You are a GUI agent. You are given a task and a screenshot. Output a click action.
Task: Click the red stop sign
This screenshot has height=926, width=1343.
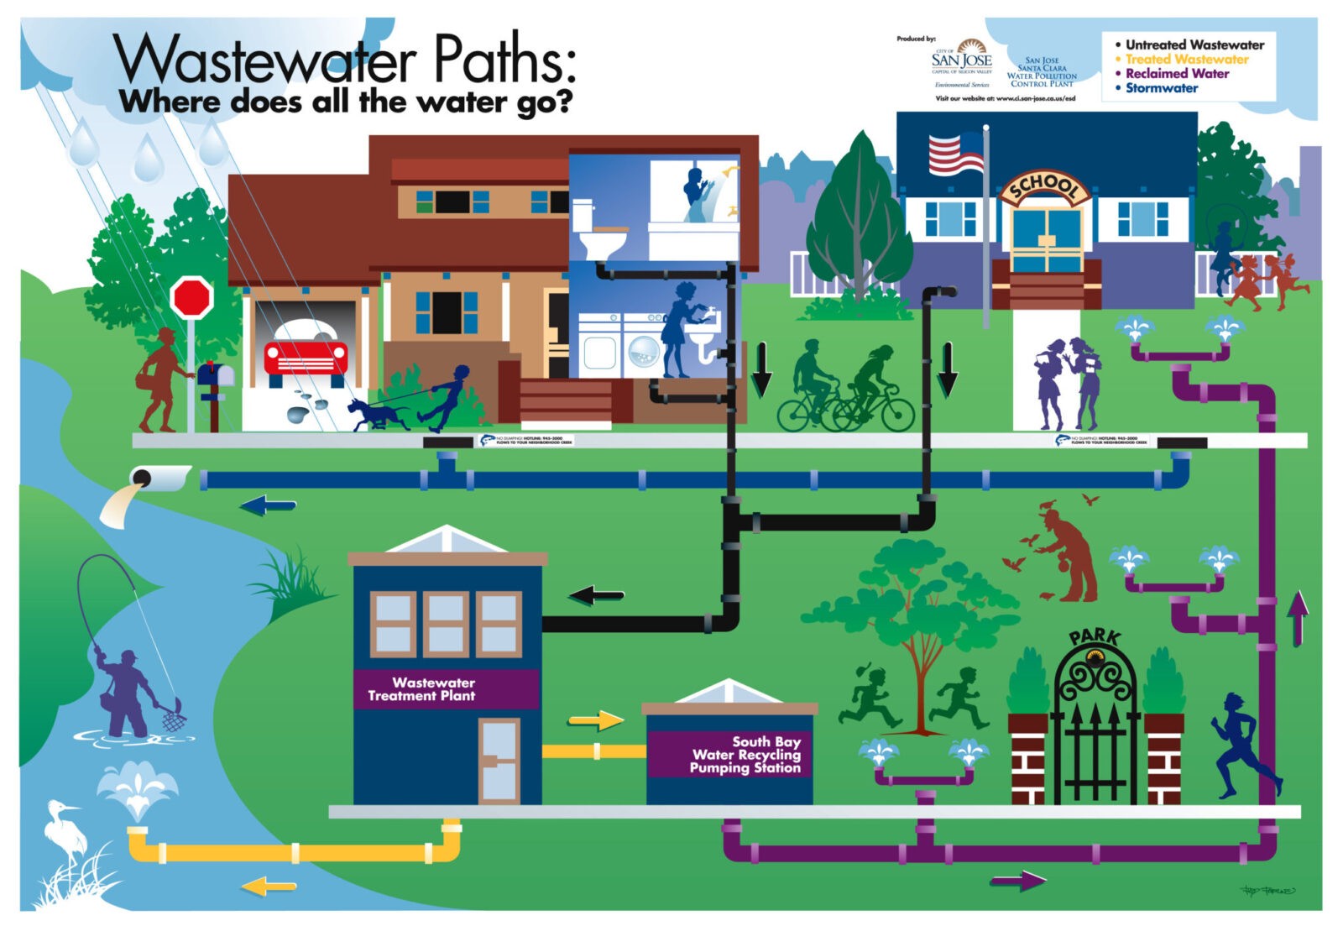click(192, 297)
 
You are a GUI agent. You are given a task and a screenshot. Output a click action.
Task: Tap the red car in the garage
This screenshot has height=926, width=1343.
click(306, 352)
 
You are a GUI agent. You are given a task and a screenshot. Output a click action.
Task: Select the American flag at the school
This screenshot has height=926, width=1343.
click(955, 154)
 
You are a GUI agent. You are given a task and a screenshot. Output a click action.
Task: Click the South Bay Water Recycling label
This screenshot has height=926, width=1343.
click(745, 754)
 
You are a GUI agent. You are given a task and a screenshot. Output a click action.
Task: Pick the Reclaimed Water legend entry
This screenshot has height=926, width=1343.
click(1177, 74)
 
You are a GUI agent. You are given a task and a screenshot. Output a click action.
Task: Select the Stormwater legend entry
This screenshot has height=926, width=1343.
click(1162, 88)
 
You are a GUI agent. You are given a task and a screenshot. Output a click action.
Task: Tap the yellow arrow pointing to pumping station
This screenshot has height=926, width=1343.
click(596, 720)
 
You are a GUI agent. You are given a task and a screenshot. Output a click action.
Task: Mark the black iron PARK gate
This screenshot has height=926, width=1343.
click(1095, 730)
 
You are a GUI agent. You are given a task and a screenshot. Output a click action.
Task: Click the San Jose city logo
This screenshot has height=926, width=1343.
click(962, 59)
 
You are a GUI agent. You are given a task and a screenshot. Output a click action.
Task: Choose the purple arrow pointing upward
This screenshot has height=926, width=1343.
click(1298, 615)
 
